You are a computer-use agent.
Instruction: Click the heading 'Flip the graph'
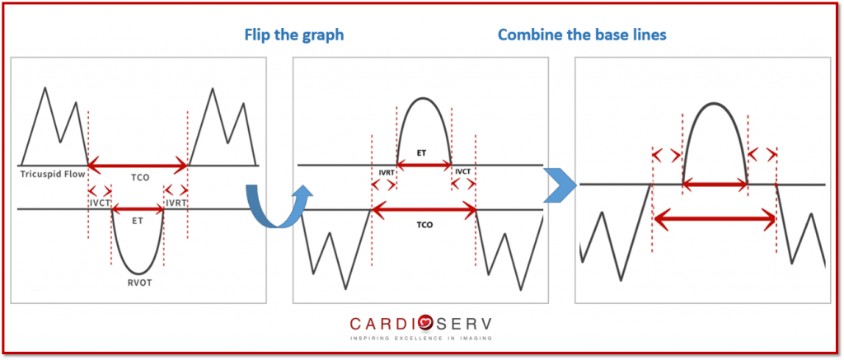pos(294,35)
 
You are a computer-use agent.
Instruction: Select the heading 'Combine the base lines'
pos(583,35)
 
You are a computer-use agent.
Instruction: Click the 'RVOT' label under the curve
pos(138,283)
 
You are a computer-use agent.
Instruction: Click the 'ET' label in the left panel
pos(138,221)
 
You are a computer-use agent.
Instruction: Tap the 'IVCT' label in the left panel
pos(100,203)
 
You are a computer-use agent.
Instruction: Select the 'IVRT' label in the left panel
pos(176,203)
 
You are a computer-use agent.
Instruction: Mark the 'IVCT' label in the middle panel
pos(463,171)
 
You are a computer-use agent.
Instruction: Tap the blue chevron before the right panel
pos(560,185)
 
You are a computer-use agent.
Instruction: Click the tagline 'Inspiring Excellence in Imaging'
pos(421,339)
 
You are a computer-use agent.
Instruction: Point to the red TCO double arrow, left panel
pos(138,166)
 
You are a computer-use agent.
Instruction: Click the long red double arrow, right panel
pos(715,218)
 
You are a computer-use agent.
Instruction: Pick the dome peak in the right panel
pos(714,103)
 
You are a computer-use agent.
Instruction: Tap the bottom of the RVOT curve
pos(138,274)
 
